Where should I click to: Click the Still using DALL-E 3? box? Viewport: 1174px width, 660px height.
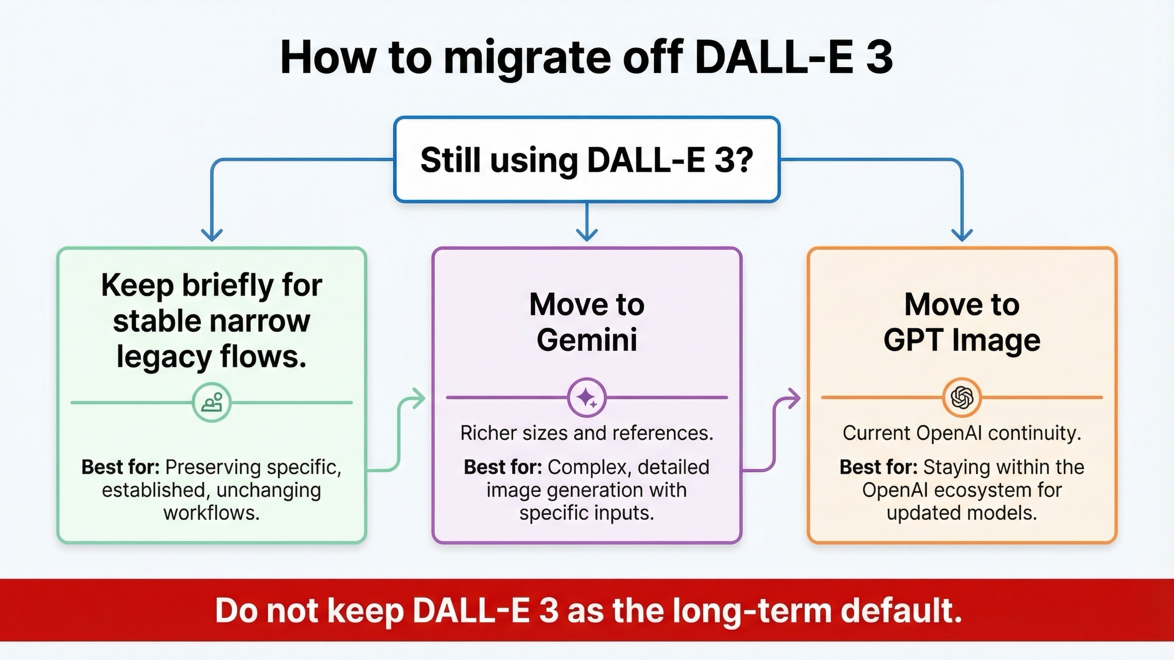click(x=587, y=160)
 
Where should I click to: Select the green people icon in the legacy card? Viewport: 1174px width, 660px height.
click(x=211, y=403)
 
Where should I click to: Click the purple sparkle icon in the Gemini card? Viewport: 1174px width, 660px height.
click(x=587, y=398)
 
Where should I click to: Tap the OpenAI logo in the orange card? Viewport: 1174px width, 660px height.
click(x=962, y=397)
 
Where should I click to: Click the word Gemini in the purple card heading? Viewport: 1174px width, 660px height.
click(x=587, y=340)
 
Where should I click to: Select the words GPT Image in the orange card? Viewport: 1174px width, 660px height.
click(x=962, y=340)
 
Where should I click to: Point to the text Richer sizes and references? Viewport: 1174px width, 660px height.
click(x=587, y=433)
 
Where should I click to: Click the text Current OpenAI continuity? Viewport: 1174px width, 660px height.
click(x=962, y=433)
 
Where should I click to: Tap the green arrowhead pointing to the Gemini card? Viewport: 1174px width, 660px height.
click(x=418, y=398)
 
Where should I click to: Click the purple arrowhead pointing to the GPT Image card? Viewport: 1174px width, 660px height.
click(x=793, y=398)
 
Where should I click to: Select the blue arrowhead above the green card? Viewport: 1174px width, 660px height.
click(x=212, y=235)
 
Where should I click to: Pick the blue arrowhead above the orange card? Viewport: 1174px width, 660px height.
click(x=962, y=235)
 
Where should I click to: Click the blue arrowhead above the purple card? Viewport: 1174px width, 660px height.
click(x=587, y=235)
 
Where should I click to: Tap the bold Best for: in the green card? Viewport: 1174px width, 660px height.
click(x=120, y=467)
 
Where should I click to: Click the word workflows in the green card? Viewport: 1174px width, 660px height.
click(x=211, y=513)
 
